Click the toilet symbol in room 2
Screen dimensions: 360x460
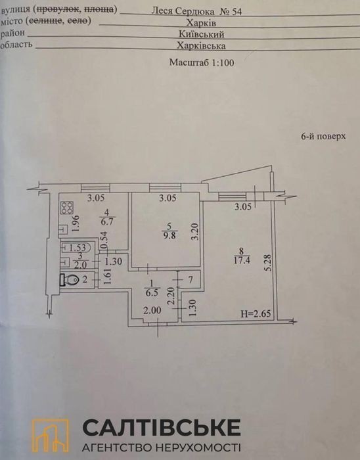coord(69,279)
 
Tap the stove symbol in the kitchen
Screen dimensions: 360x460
coord(66,208)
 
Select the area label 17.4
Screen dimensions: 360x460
coord(242,260)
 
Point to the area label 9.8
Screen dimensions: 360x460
coord(169,235)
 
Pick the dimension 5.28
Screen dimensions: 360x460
coord(267,263)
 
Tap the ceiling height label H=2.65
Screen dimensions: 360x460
coord(256,313)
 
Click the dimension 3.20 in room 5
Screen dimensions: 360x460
coord(196,231)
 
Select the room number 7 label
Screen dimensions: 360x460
coord(191,280)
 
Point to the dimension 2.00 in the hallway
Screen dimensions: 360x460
coord(152,310)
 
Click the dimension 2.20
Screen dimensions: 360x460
coord(172,296)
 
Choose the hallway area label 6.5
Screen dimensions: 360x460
coord(152,292)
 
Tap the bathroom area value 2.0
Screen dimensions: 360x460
coord(81,265)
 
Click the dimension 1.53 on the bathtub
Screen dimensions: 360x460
coord(78,248)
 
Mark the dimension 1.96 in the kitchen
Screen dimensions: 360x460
coord(76,223)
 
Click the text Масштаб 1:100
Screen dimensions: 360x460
coord(202,62)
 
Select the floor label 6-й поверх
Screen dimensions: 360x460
coord(323,137)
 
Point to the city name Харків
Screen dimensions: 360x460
coord(201,23)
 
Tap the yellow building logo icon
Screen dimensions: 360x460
coord(50,436)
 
